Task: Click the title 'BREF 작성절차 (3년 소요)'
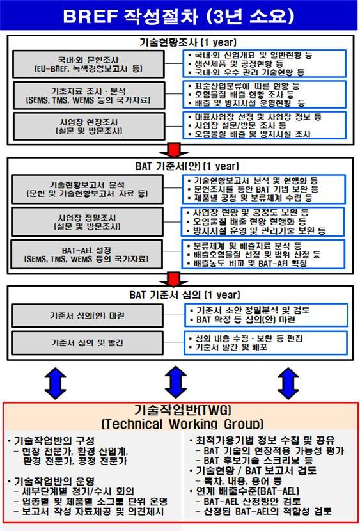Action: point(179,15)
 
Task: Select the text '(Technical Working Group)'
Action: point(182,424)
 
